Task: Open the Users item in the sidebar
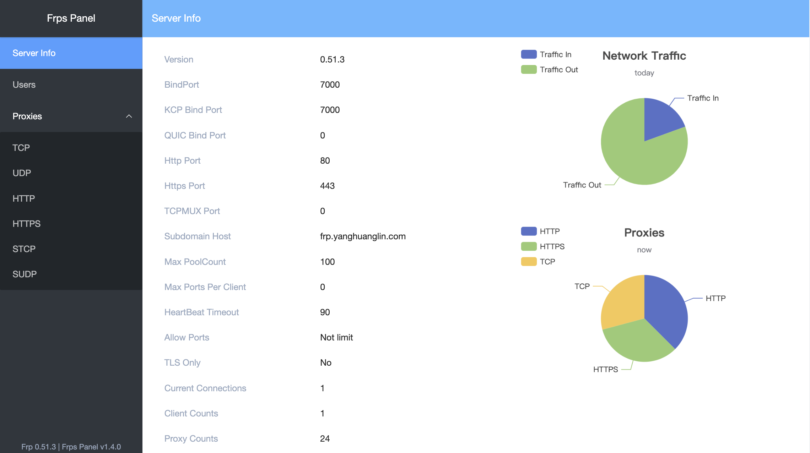(24, 84)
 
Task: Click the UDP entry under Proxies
(22, 173)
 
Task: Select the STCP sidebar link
(24, 249)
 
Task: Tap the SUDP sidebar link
(25, 274)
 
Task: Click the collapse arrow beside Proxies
(129, 116)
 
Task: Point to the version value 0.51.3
(332, 59)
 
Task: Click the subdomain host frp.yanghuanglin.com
(363, 236)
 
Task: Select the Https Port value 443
(327, 186)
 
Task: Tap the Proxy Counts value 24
(325, 438)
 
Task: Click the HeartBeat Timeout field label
(201, 312)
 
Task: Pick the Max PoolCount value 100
(327, 262)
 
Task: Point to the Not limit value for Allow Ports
(336, 337)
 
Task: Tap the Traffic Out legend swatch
(529, 70)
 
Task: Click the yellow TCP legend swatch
(529, 262)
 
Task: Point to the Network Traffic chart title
(644, 56)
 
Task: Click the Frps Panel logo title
(71, 18)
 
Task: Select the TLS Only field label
(182, 362)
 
